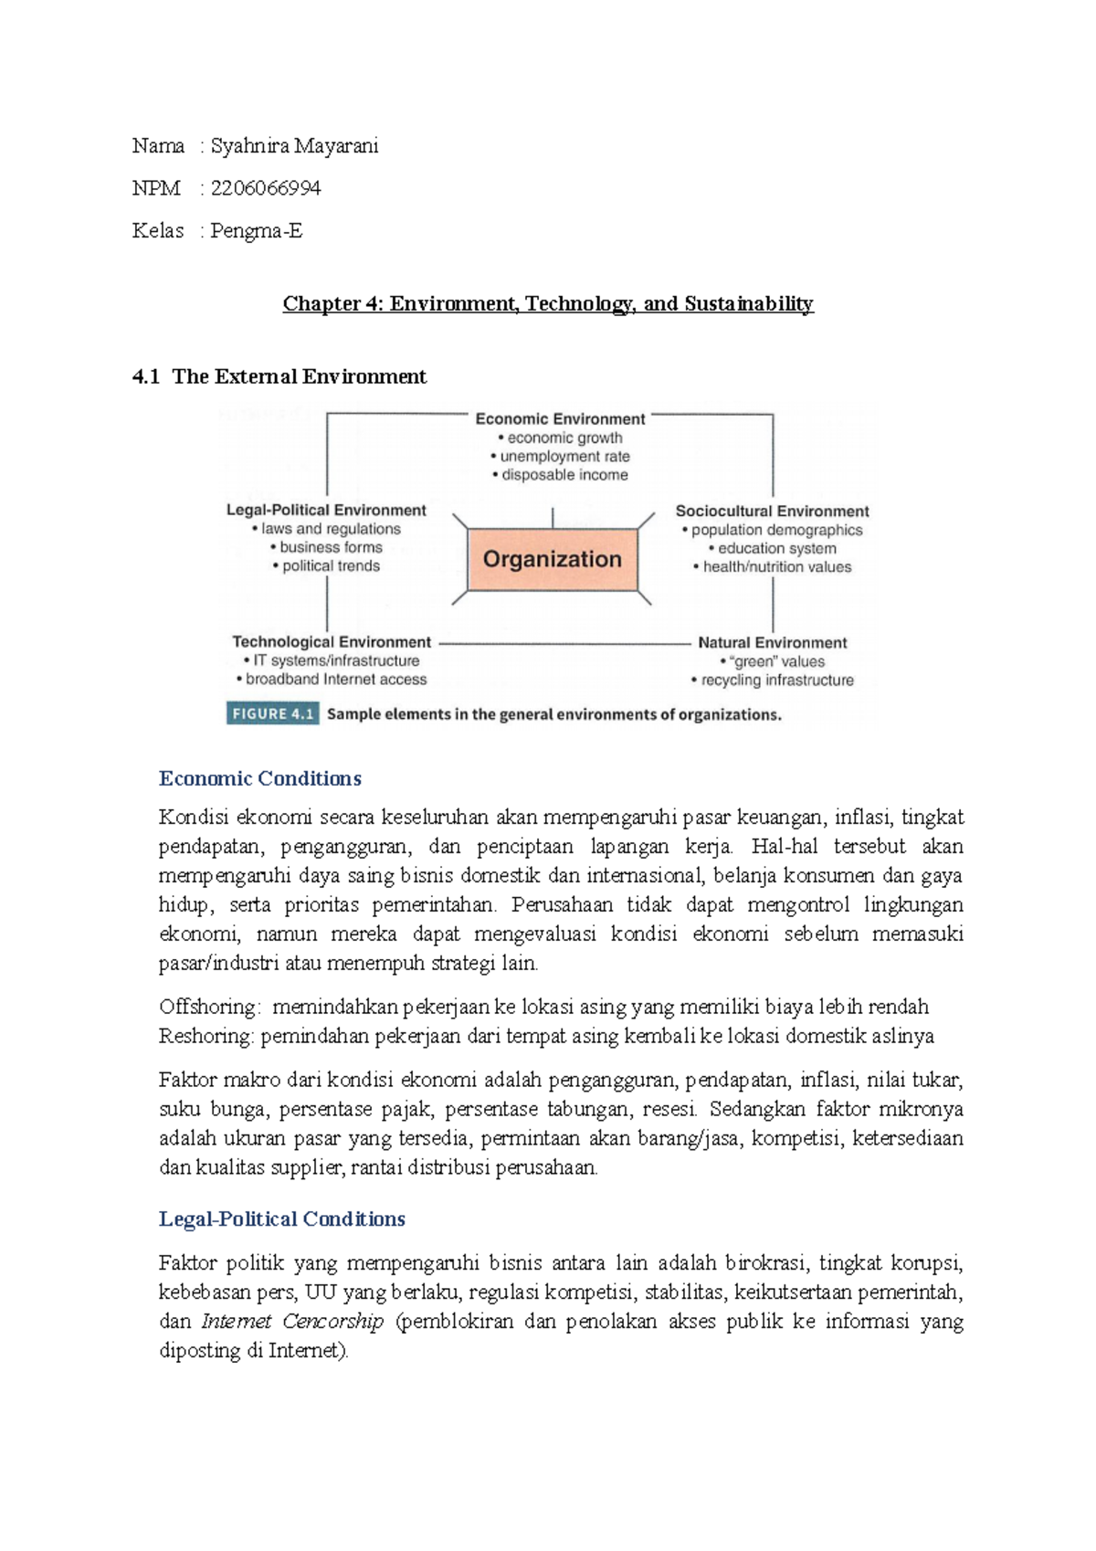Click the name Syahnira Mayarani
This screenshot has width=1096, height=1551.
[x=294, y=146]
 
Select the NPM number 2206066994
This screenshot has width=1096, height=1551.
[x=265, y=188]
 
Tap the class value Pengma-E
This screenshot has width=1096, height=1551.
[x=256, y=230]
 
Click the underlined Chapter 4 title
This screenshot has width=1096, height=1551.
[x=547, y=303]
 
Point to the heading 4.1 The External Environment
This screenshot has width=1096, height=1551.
[x=279, y=376]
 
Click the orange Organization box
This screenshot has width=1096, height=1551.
[x=552, y=559]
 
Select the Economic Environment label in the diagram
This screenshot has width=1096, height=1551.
[x=560, y=419]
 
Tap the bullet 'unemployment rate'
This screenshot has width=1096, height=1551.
[x=564, y=457]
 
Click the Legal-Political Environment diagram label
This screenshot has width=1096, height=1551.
[x=326, y=511]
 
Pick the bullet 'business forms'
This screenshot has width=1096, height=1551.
[x=331, y=547]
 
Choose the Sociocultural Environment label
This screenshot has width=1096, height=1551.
[x=772, y=512]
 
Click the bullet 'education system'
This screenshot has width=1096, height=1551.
[x=776, y=548]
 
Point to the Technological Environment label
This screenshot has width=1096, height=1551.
[x=332, y=642]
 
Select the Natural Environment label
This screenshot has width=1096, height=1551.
[x=772, y=643]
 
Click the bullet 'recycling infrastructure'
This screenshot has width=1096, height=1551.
[x=776, y=681]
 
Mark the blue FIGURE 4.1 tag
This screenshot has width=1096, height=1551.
[x=272, y=714]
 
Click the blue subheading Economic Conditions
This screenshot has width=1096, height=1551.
[x=260, y=778]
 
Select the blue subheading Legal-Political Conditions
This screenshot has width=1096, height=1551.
[x=282, y=1219]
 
